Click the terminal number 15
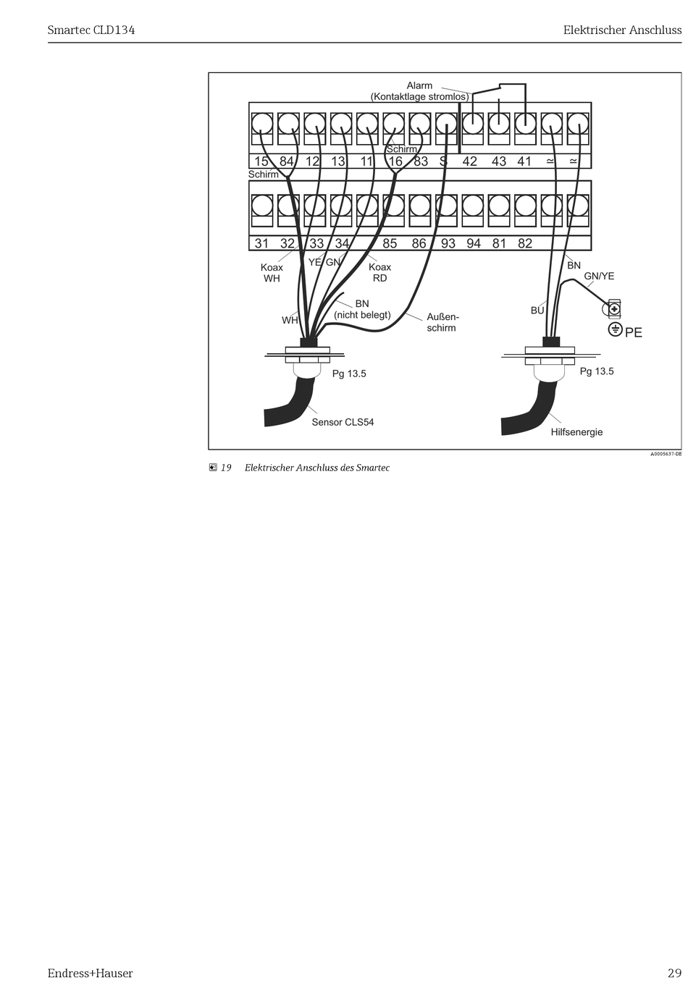click(261, 161)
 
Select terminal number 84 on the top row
click(287, 161)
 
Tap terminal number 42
click(470, 161)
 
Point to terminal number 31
click(261, 243)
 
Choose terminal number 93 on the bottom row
click(448, 243)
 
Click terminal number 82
click(525, 243)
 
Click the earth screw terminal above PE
click(614, 310)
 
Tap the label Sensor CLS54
click(343, 422)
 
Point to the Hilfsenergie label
click(576, 432)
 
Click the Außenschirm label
click(442, 322)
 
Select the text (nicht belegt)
click(362, 315)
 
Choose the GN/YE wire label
click(599, 276)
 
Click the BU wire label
click(537, 311)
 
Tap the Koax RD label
click(379, 272)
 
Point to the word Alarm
click(419, 85)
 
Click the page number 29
click(674, 973)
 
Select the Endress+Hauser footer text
click(91, 973)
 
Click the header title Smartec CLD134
click(91, 30)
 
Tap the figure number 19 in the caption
click(226, 468)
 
